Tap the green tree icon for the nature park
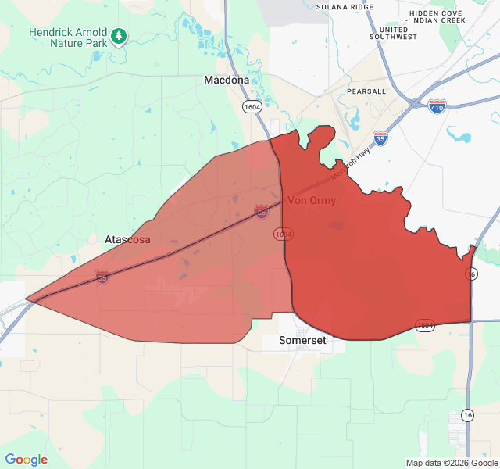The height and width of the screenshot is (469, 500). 118,36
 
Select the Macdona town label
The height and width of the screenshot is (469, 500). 227,80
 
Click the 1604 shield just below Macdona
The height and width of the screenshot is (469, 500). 252,106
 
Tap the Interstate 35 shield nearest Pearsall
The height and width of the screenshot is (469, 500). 380,138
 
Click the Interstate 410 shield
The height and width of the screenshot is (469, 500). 437,106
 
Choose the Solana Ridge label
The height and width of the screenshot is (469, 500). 345,7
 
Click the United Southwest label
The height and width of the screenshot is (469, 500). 394,32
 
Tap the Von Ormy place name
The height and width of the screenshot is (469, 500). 312,201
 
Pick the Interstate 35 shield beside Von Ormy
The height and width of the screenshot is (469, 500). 262,211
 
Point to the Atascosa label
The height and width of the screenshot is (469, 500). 127,239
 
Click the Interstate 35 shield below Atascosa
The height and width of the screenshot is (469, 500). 102,277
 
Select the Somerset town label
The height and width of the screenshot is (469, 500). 302,341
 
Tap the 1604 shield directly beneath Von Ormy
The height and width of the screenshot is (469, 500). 283,234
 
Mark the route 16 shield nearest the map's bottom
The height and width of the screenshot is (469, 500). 467,414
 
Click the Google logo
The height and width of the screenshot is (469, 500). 26,460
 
